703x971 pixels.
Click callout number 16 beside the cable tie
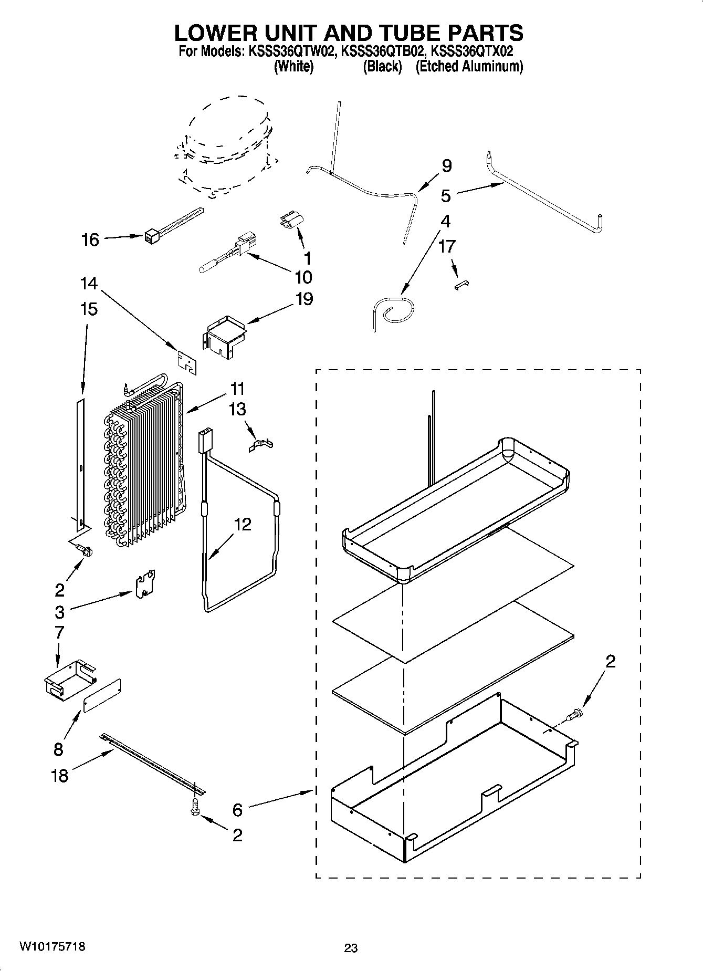[90, 240]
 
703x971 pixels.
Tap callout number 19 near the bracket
[305, 299]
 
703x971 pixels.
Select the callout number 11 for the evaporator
[237, 389]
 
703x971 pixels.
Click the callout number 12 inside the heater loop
[243, 524]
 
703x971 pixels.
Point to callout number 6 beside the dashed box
[237, 810]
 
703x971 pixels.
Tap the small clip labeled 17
[461, 284]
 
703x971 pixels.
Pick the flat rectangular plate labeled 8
[102, 695]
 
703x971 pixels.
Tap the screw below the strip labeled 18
[195, 809]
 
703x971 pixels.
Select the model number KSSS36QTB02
[382, 51]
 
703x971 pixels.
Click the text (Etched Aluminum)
[469, 67]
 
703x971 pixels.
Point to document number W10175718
[52, 946]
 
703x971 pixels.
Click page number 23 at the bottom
[351, 948]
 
